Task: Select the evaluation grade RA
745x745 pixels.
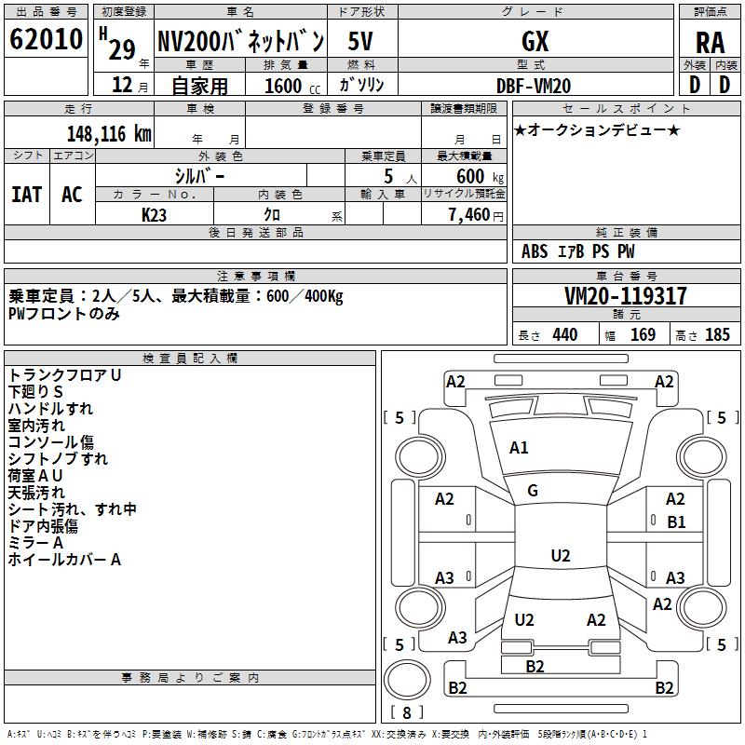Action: [710, 42]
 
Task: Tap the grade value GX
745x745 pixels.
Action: [535, 41]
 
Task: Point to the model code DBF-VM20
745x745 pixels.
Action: [535, 86]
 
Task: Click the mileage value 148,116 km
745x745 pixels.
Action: [108, 134]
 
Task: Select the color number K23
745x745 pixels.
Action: [155, 214]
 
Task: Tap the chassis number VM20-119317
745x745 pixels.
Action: [626, 296]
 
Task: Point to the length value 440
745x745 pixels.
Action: [564, 335]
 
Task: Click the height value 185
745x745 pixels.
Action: [717, 335]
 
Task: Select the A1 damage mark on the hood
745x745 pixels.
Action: [520, 448]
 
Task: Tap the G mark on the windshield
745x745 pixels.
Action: [533, 491]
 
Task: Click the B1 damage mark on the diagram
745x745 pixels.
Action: [676, 522]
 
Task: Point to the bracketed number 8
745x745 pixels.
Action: [407, 712]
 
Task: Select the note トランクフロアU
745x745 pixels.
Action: [65, 375]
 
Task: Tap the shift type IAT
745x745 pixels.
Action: [27, 195]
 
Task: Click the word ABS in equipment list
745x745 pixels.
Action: [535, 251]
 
